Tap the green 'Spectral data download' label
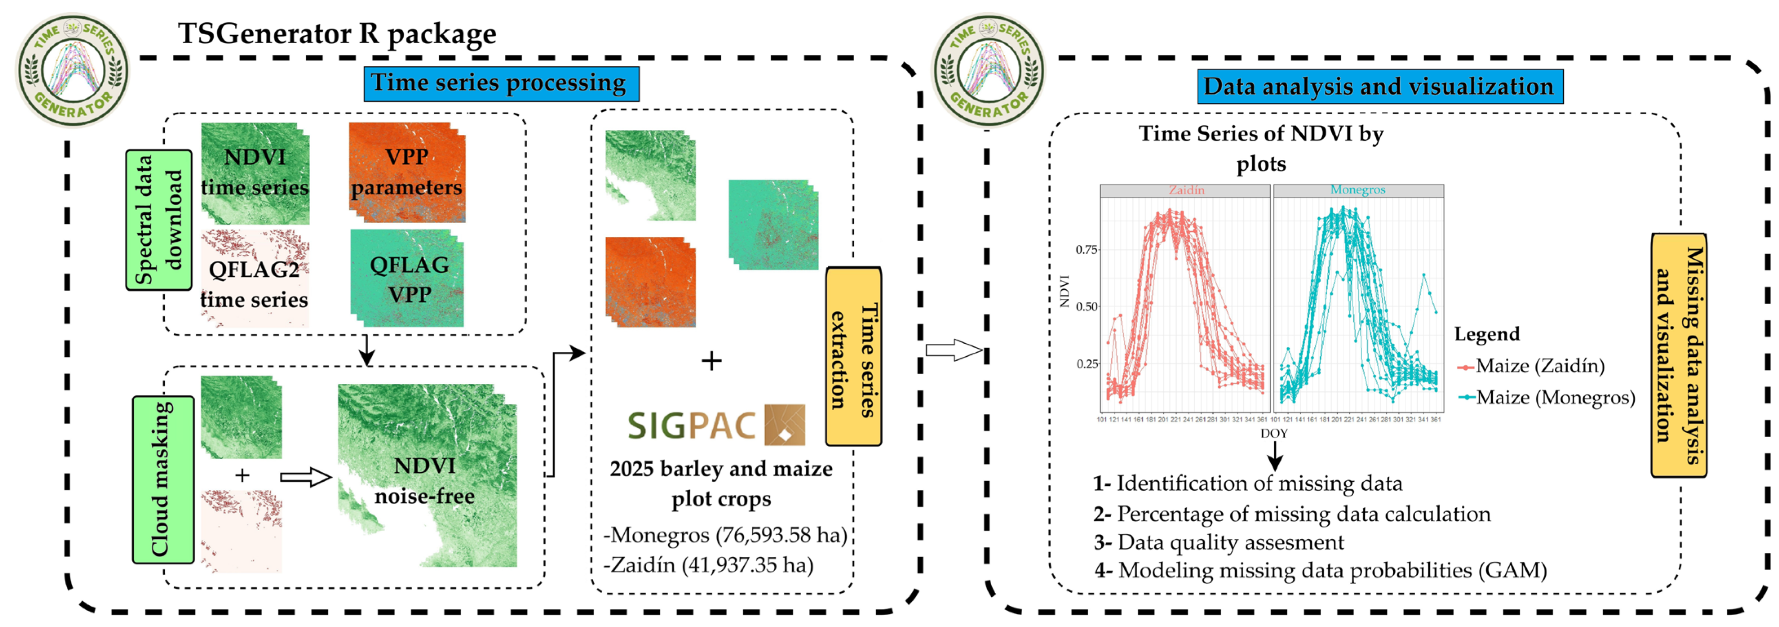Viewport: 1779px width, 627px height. pyautogui.click(x=158, y=220)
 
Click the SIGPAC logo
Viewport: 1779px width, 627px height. pyautogui.click(x=716, y=425)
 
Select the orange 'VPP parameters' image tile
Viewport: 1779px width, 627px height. pyautogui.click(x=407, y=173)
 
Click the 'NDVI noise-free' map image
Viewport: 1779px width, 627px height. pyautogui.click(x=426, y=477)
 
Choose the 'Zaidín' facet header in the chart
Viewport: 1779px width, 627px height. pyautogui.click(x=1186, y=190)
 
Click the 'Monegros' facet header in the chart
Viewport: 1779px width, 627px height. pyautogui.click(x=1358, y=190)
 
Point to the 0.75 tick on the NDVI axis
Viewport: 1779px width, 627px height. pyautogui.click(x=1086, y=249)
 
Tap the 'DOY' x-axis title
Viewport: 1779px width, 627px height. pyautogui.click(x=1273, y=434)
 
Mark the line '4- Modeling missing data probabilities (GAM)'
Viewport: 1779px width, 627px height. pyautogui.click(x=1320, y=570)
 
